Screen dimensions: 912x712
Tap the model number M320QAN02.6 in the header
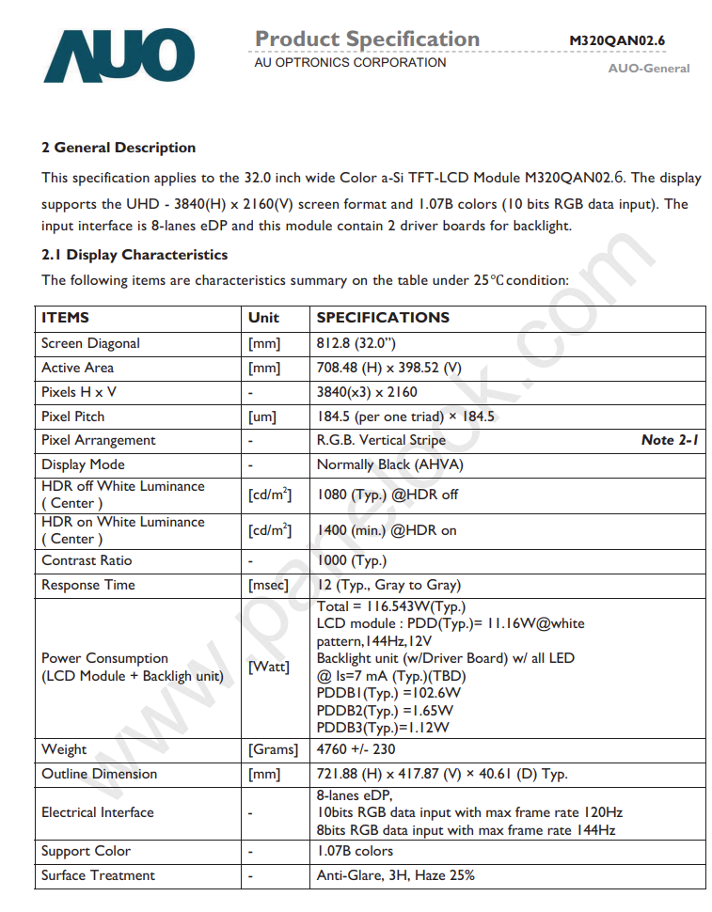(x=617, y=40)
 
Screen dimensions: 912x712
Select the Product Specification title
(x=367, y=39)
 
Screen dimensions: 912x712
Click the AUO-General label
(x=649, y=69)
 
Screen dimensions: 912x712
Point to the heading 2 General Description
(x=119, y=148)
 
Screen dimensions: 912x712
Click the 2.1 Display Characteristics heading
(x=134, y=255)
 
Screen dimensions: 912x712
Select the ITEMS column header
(x=66, y=318)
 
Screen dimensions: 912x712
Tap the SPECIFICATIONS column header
(x=383, y=318)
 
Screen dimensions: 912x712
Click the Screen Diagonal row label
(x=90, y=343)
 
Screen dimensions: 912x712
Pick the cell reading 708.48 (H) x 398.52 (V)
(x=389, y=368)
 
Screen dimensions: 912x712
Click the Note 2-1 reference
(x=670, y=440)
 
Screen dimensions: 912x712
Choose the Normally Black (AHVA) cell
(x=390, y=464)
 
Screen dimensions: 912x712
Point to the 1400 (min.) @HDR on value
(x=387, y=530)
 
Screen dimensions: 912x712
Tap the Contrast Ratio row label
(x=87, y=560)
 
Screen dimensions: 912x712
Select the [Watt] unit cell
(x=268, y=667)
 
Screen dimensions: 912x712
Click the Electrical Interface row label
(x=98, y=812)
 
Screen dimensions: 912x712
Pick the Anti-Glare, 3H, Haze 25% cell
(x=396, y=875)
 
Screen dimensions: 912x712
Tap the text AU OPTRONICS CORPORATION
(x=350, y=63)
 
